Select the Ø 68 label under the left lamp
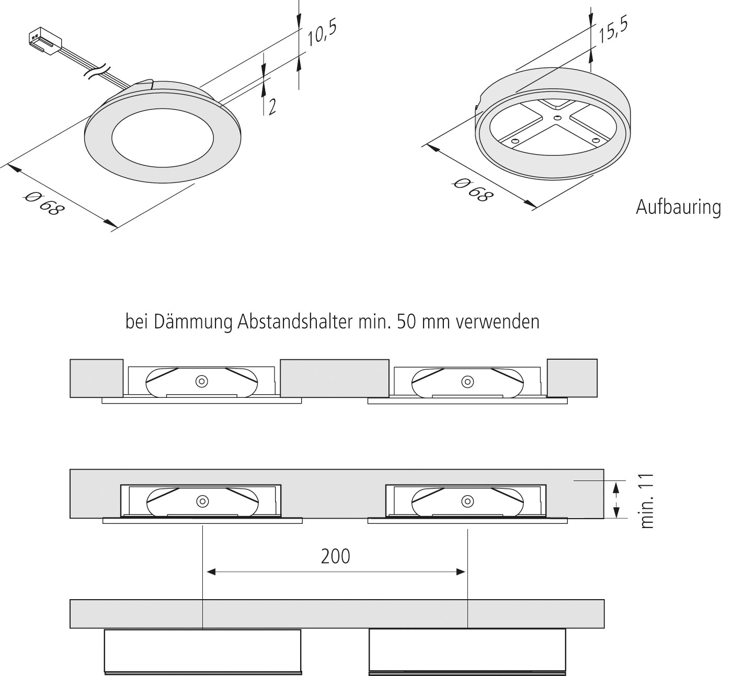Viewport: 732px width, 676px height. click(45, 204)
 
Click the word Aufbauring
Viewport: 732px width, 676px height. click(678, 207)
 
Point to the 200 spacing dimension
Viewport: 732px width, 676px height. click(336, 556)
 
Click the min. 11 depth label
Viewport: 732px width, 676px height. click(647, 501)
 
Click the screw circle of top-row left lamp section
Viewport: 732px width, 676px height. click(201, 382)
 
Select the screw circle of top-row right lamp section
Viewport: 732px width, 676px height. click(466, 382)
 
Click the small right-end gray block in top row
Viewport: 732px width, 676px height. click(572, 378)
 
